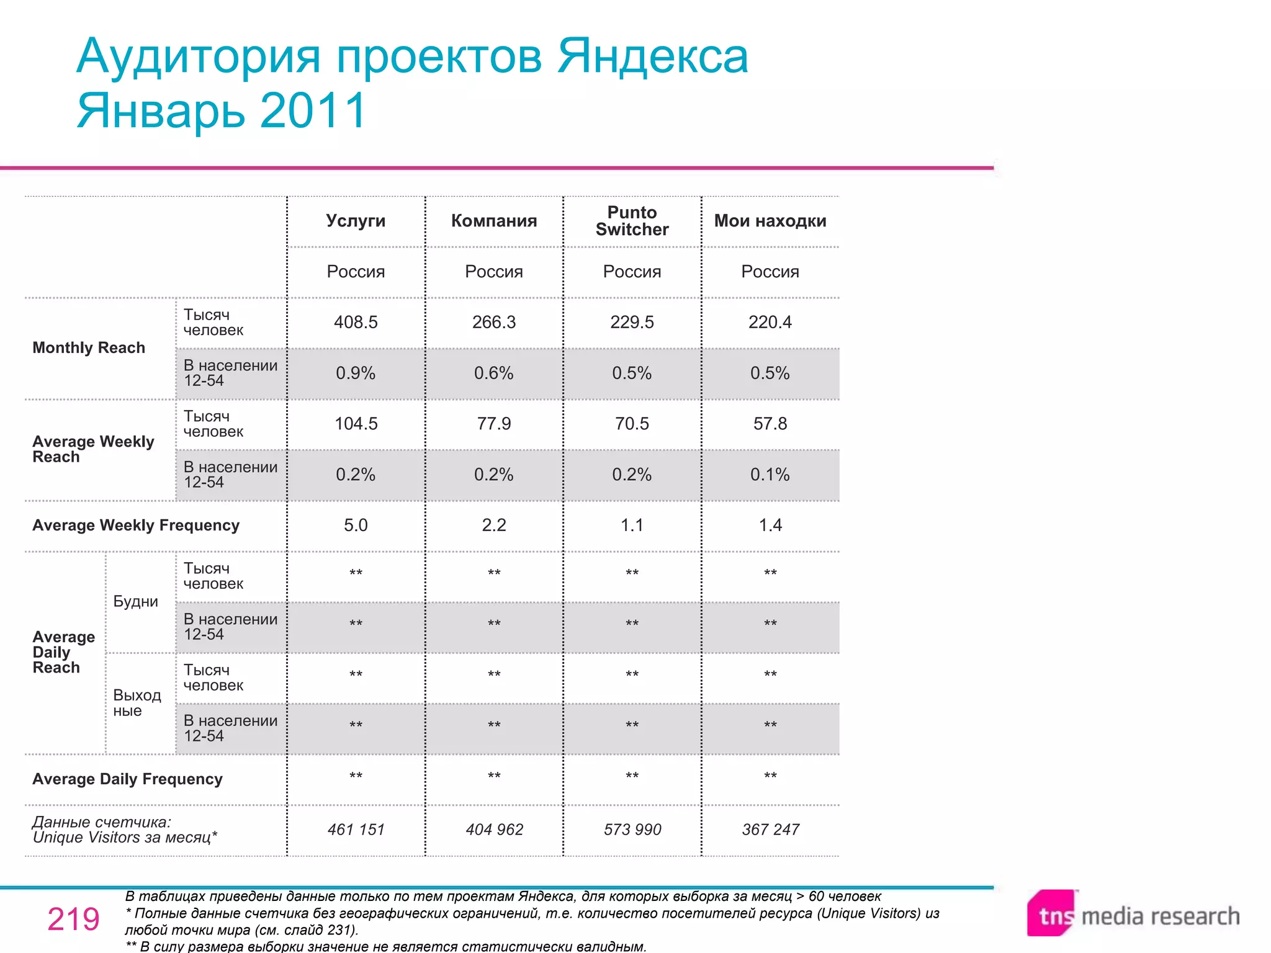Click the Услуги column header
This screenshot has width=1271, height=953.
coord(356,221)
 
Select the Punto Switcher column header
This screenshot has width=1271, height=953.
coord(632,221)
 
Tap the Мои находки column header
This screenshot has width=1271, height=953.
coord(770,221)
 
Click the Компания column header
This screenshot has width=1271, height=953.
coord(494,221)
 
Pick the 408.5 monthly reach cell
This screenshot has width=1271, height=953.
coord(356,322)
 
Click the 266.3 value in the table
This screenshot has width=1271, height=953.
coord(494,322)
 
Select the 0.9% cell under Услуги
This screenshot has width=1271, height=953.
coord(356,373)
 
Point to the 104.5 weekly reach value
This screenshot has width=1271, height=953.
coord(356,424)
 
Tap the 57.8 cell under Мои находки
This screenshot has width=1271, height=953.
coord(770,424)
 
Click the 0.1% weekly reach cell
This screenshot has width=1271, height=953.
coord(770,475)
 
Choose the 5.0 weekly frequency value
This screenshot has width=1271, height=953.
coord(356,526)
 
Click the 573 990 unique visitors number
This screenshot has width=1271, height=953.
coord(632,830)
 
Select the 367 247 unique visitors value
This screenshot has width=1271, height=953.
coord(770,830)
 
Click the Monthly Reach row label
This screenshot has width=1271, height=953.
coord(89,348)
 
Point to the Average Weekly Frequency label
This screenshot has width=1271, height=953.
coord(136,526)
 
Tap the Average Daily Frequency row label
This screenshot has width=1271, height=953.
coord(127,779)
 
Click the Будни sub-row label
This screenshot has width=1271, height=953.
coord(135,602)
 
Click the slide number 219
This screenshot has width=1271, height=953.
coord(73,919)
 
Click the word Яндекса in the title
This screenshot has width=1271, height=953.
coord(652,56)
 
